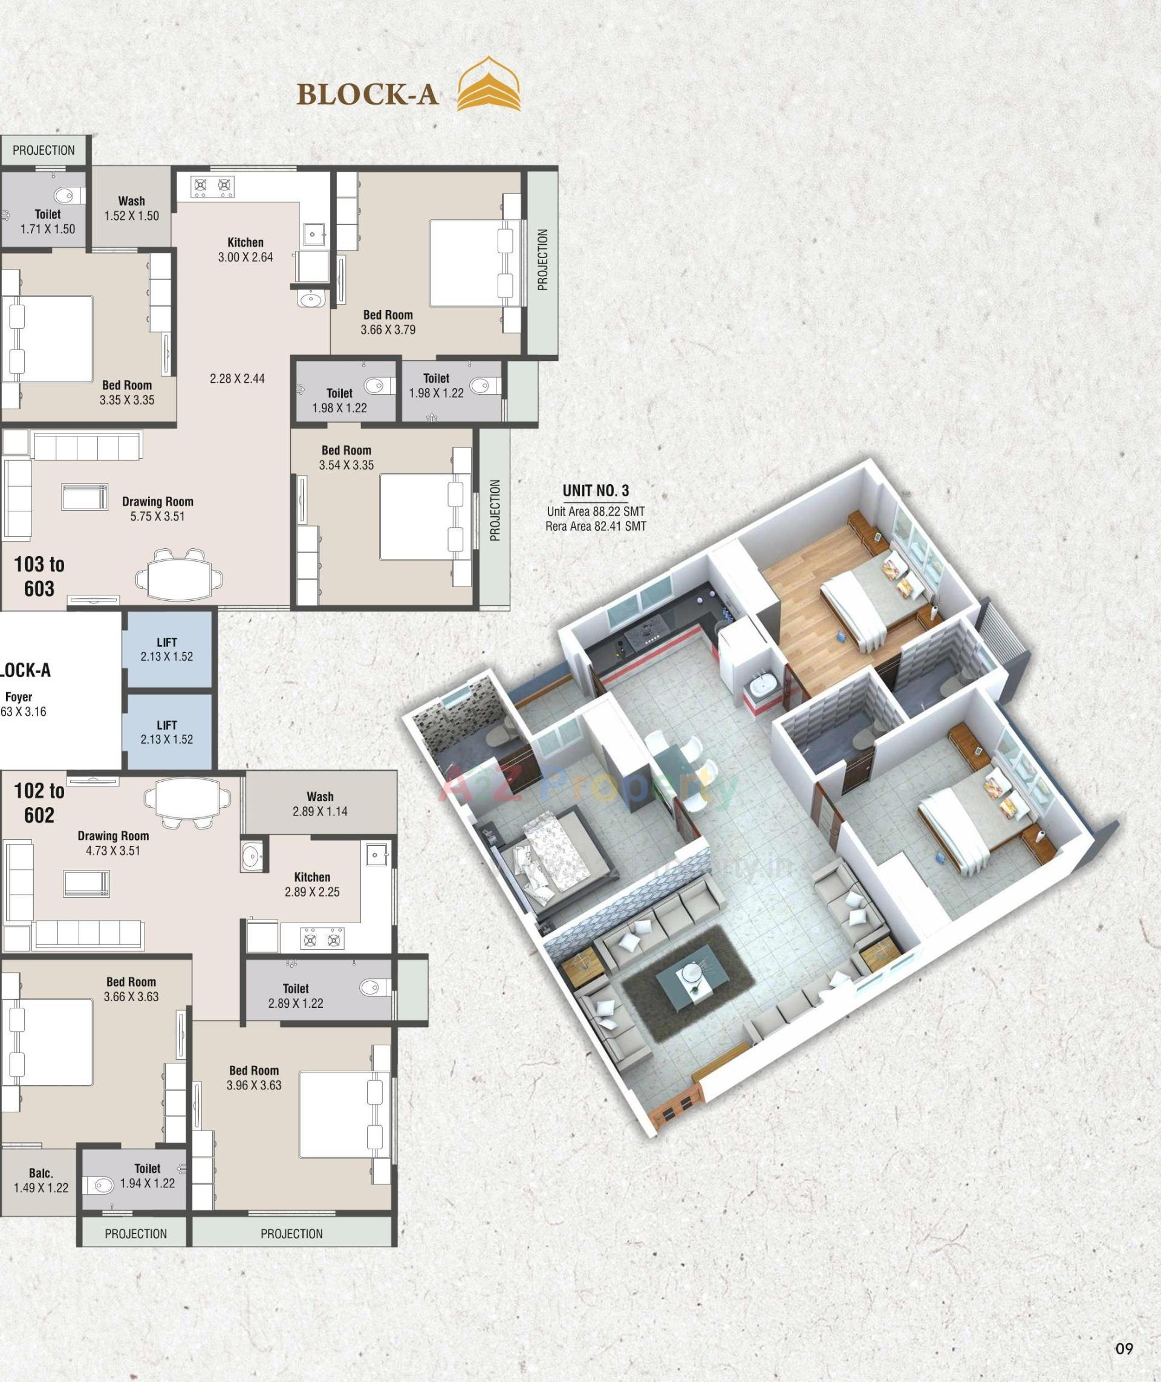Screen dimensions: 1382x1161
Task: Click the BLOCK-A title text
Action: click(367, 94)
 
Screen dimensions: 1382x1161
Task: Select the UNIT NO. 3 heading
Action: click(596, 490)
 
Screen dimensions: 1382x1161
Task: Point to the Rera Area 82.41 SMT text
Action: click(596, 527)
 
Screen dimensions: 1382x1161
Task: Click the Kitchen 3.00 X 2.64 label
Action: click(246, 250)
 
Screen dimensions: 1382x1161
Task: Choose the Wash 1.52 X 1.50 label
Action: click(132, 209)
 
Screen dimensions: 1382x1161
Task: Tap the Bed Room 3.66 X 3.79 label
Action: click(388, 322)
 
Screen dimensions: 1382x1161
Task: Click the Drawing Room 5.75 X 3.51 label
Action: click(157, 508)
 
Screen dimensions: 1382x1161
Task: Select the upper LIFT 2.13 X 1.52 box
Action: click(167, 649)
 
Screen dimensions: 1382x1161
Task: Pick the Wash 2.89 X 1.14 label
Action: click(320, 803)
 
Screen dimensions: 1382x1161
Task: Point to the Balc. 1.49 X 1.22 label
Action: click(41, 1180)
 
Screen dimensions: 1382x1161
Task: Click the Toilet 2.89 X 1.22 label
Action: click(296, 996)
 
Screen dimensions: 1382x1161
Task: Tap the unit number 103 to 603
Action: click(39, 576)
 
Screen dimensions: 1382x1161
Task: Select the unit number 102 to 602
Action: click(39, 803)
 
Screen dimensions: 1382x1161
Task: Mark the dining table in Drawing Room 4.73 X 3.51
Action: click(187, 803)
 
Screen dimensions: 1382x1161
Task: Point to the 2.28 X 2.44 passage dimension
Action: click(237, 378)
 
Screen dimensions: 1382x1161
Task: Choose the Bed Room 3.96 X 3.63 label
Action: click(254, 1078)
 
